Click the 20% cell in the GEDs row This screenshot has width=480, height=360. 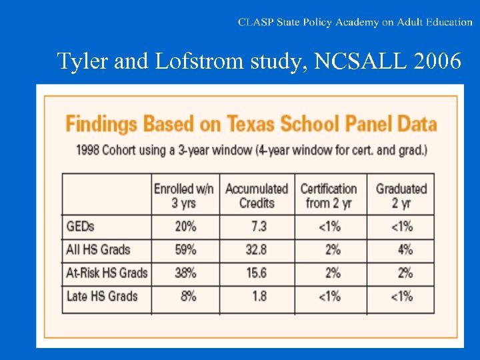click(185, 227)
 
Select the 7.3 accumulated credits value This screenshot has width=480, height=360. click(258, 227)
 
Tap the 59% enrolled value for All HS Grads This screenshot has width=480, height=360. click(185, 250)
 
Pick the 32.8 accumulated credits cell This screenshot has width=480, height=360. click(256, 250)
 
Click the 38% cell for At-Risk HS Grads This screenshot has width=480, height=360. click(185, 273)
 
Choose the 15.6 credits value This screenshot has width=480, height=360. click(256, 273)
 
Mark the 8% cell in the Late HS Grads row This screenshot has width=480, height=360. click(188, 296)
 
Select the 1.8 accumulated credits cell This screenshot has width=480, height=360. click(258, 296)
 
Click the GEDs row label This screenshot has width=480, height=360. click(81, 227)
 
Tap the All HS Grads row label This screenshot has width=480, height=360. click(98, 250)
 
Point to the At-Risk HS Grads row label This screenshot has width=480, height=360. click(107, 273)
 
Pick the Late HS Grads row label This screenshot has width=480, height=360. click(102, 296)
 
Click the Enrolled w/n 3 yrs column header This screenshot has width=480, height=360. click(184, 195)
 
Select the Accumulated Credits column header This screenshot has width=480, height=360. click(257, 195)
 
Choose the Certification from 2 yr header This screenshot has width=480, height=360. click(329, 195)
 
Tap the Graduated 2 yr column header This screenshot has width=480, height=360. click(401, 195)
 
